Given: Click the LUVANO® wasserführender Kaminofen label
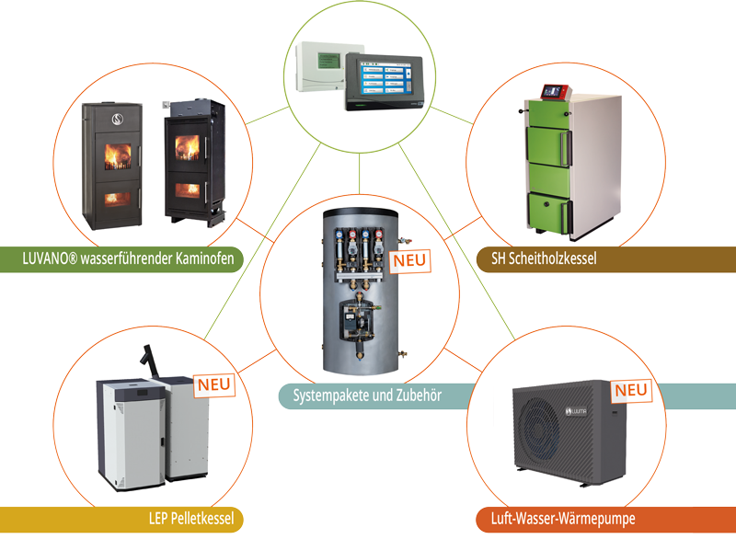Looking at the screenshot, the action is pos(128,258).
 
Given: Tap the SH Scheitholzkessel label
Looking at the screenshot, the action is pos(544,258).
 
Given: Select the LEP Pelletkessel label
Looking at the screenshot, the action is pos(191,519).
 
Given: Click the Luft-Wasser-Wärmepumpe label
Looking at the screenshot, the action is pos(563,519).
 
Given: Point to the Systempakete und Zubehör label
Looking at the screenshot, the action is pos(367,396).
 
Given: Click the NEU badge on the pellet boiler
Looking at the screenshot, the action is pos(214,385).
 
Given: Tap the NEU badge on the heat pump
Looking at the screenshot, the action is pos(631,390).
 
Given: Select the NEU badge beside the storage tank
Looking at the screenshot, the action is pos(409,261).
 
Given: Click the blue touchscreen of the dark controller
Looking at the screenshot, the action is pos(385,79).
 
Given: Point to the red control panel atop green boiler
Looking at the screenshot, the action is pos(556,92).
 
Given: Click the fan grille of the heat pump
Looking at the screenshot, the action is pos(540,431).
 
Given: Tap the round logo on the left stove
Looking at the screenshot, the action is pos(118,120).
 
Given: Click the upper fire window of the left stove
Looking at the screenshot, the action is pos(118,156).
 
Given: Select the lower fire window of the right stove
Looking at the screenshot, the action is pos(188,190).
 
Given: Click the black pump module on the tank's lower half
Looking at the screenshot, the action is pos(357,320).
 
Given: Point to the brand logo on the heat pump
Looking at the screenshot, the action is pos(576,411).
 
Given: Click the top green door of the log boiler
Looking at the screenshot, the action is pos(546,113).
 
